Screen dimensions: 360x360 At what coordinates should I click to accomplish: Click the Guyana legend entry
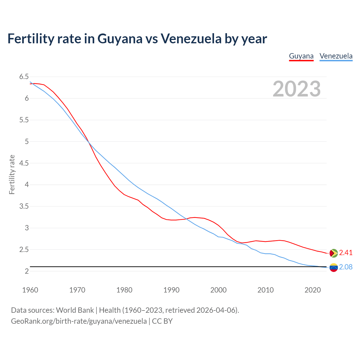301,56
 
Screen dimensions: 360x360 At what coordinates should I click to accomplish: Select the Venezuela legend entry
336,56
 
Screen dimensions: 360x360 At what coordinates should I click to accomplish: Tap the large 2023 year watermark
296,89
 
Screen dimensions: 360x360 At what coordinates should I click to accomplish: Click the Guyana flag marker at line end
334,253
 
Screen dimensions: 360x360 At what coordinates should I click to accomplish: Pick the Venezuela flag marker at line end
334,267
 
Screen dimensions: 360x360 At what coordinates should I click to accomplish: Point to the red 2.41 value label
346,253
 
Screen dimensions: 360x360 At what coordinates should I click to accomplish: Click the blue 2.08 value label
346,267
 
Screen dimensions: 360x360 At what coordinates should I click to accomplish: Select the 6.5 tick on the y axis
24,77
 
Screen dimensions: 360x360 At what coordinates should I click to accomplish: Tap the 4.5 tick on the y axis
24,163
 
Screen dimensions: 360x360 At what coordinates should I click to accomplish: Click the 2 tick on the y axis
27,271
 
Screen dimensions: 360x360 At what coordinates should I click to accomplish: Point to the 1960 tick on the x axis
30,290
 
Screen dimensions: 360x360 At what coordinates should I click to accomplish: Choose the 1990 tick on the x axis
171,290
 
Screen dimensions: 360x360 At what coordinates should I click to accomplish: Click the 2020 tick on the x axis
312,290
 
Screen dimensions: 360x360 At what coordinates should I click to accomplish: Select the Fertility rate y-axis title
12,174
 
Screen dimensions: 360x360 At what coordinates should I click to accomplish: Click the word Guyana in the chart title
120,39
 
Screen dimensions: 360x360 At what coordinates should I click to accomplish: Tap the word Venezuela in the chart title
191,39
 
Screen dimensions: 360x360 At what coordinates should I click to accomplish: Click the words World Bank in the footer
75,310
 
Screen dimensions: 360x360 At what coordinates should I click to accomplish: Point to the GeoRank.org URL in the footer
79,321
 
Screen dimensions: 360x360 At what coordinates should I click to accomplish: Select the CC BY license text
162,321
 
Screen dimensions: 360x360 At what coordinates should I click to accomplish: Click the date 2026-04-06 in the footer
216,310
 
